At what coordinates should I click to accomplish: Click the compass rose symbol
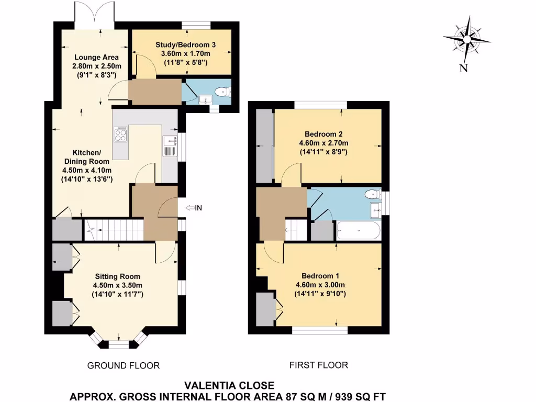click(466, 38)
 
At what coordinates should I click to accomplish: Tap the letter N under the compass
click(463, 68)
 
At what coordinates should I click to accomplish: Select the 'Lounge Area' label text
click(96, 57)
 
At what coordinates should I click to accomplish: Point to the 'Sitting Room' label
click(117, 276)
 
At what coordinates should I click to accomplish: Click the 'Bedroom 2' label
click(323, 133)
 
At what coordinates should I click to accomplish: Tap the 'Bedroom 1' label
click(320, 276)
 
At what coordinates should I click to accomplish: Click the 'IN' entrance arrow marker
click(194, 208)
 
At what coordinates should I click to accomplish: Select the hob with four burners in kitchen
click(120, 135)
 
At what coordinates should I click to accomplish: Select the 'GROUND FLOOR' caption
click(124, 365)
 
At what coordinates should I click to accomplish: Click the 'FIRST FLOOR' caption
click(319, 365)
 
